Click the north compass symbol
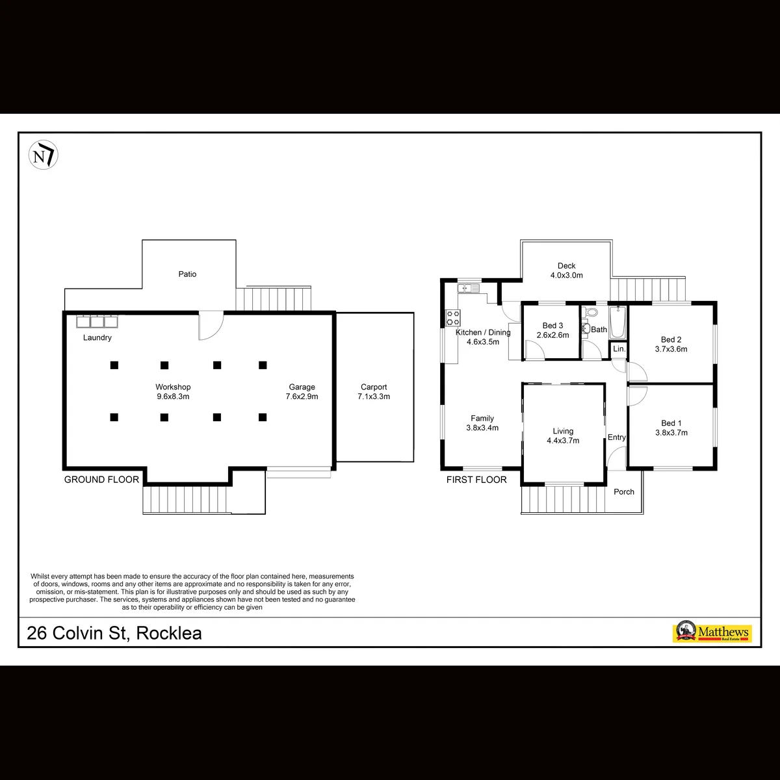click(44, 155)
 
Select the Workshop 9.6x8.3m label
click(174, 392)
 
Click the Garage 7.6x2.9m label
click(302, 392)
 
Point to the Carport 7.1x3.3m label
click(374, 392)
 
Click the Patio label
click(187, 274)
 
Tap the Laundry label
click(97, 337)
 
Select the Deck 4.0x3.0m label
click(567, 271)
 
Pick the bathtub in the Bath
click(617, 322)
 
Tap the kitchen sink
click(468, 288)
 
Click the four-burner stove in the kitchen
click(453, 318)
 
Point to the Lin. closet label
click(619, 349)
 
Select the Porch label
click(624, 492)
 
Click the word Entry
click(616, 437)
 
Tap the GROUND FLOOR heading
click(101, 480)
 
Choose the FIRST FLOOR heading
click(476, 480)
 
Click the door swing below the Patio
click(211, 325)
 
